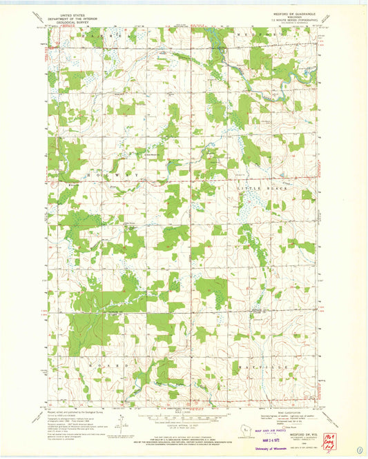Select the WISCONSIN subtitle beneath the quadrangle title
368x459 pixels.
coord(295,18)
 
